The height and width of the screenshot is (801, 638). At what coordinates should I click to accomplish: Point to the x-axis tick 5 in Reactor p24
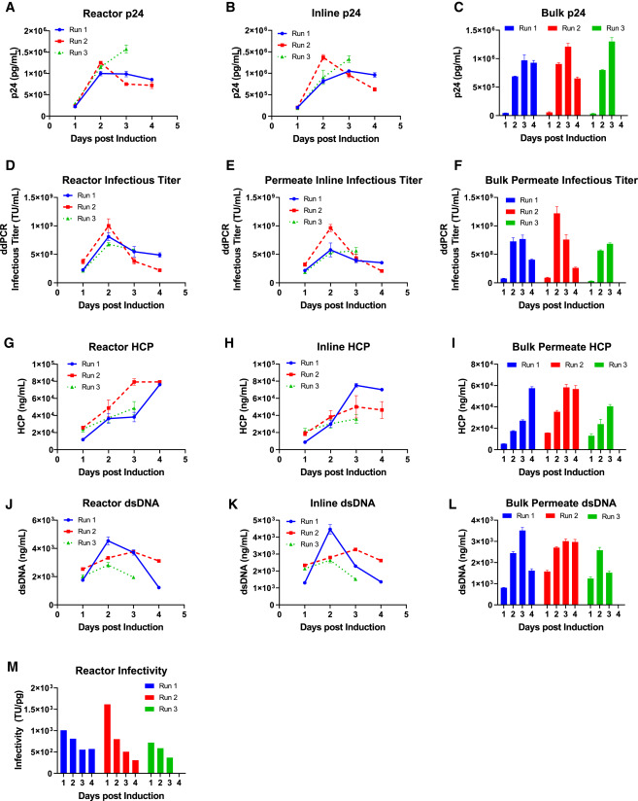pyautogui.click(x=178, y=125)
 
